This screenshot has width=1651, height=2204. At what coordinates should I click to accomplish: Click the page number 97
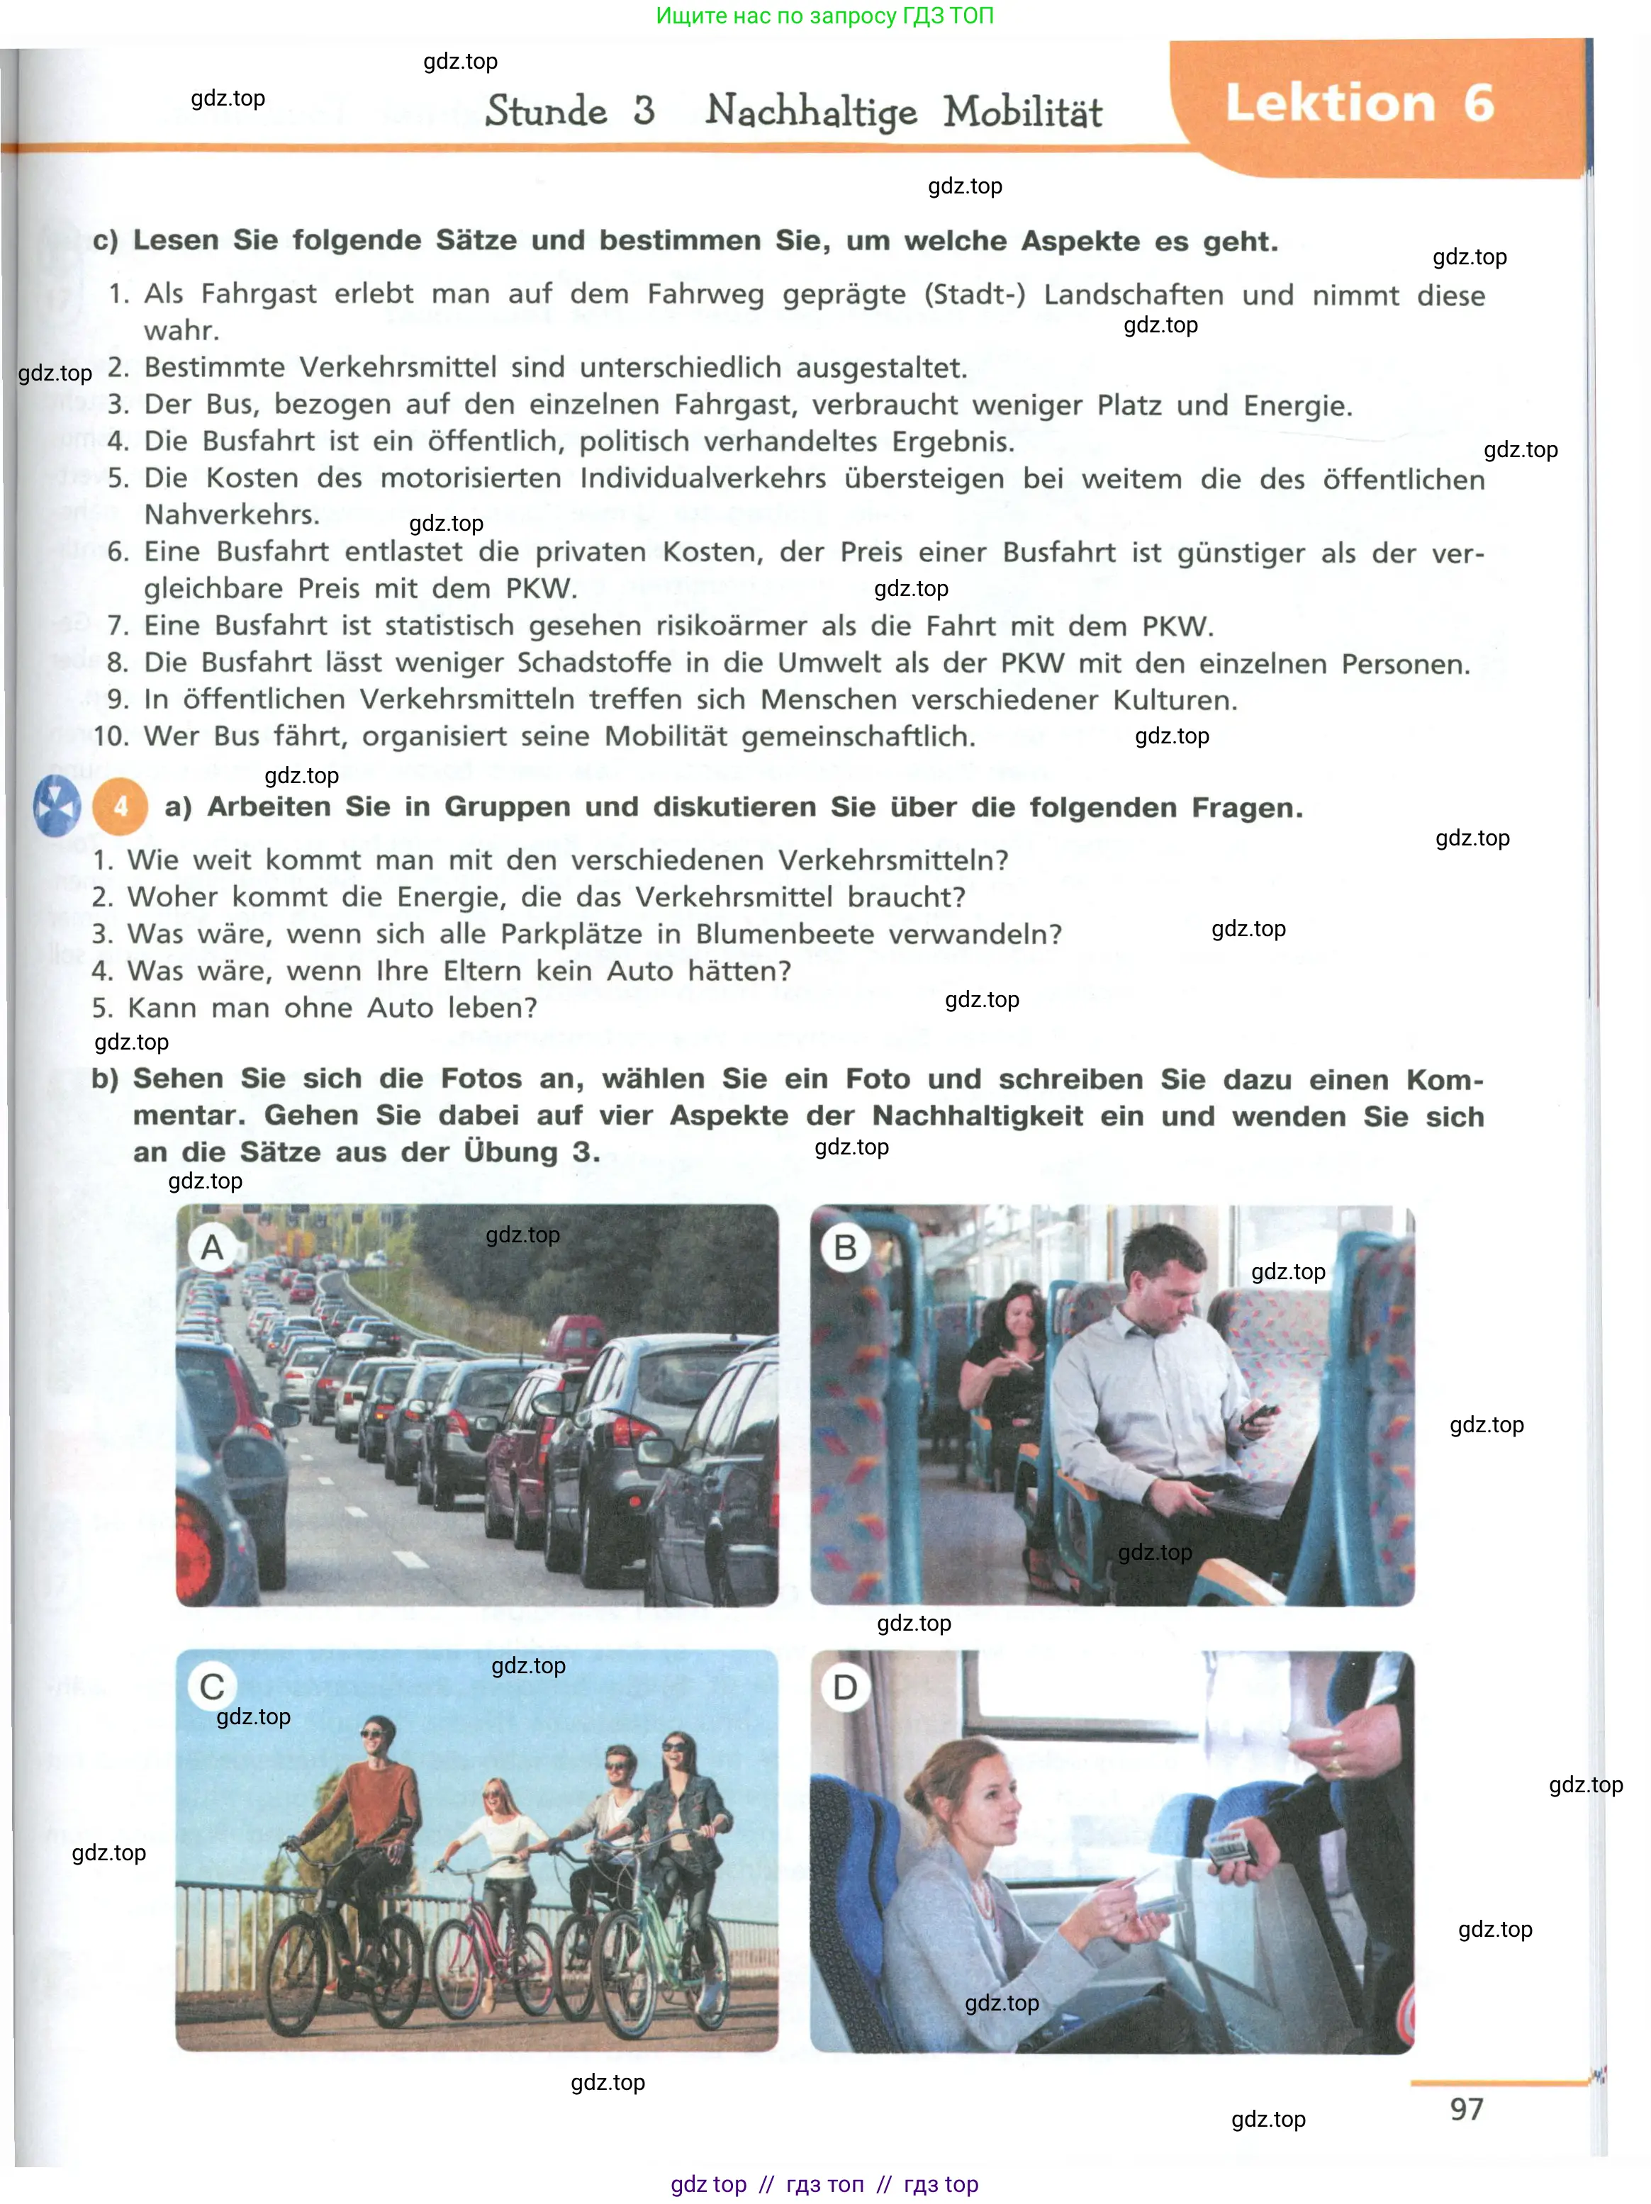(x=1466, y=2108)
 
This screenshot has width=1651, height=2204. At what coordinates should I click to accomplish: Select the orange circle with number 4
(x=120, y=806)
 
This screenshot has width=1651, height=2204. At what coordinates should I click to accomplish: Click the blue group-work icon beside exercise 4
(x=56, y=805)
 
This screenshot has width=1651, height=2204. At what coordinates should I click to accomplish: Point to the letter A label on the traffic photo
(x=212, y=1247)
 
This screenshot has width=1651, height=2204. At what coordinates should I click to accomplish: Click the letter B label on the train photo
(x=845, y=1247)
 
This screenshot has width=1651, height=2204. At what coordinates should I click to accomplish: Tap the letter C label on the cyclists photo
(x=212, y=1687)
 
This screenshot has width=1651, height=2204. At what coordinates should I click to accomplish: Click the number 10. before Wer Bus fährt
(x=111, y=736)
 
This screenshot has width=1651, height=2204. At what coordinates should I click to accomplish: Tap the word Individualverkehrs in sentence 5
(x=703, y=478)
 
